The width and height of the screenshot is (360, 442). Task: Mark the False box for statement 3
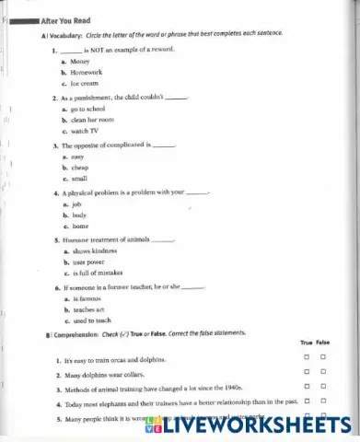(x=323, y=390)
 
